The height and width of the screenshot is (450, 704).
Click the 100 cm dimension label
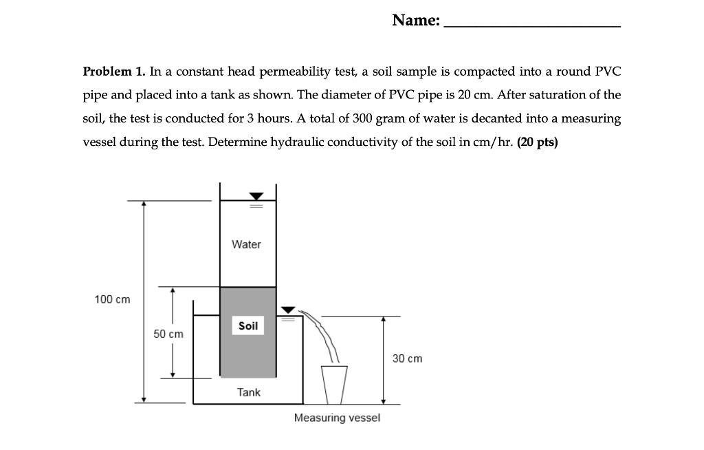(112, 299)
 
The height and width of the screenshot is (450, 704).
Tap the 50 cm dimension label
(168, 334)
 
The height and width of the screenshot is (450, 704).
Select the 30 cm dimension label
(407, 358)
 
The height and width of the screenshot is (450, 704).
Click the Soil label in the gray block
(248, 325)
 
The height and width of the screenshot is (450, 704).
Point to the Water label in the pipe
(247, 244)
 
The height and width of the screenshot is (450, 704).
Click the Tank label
(249, 392)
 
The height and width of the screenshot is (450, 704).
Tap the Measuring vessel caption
(337, 418)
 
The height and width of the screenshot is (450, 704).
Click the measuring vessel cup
(334, 384)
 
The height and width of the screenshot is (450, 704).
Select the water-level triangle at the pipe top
(256, 197)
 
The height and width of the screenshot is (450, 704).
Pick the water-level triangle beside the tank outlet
(289, 310)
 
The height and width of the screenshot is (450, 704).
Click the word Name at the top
(416, 21)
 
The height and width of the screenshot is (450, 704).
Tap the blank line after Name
(533, 25)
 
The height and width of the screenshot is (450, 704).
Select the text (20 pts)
(537, 141)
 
